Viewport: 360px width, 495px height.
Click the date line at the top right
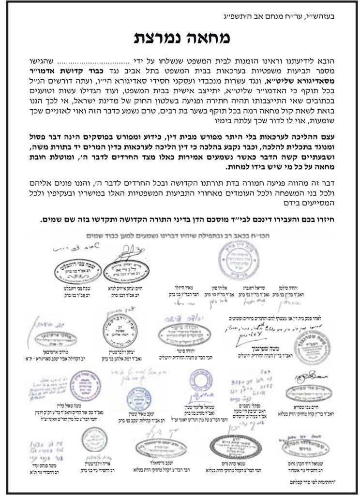tap(304, 15)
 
